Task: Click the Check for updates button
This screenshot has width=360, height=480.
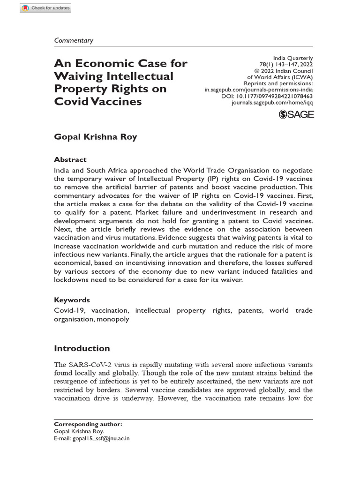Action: [x=45, y=8]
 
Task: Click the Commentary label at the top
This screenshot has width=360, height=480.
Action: [x=74, y=40]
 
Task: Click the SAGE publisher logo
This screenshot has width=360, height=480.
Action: [x=296, y=114]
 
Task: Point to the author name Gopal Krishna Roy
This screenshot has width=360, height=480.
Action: [x=95, y=137]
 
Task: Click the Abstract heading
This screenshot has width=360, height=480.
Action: [x=70, y=159]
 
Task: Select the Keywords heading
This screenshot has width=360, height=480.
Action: [x=72, y=300]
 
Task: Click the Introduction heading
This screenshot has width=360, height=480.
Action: [x=82, y=348]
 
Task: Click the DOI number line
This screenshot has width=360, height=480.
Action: [x=267, y=96]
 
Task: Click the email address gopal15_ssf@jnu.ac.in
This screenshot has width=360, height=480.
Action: [x=100, y=439]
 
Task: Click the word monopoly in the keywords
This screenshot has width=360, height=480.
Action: [x=113, y=319]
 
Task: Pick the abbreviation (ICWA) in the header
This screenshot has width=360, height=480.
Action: [x=302, y=77]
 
